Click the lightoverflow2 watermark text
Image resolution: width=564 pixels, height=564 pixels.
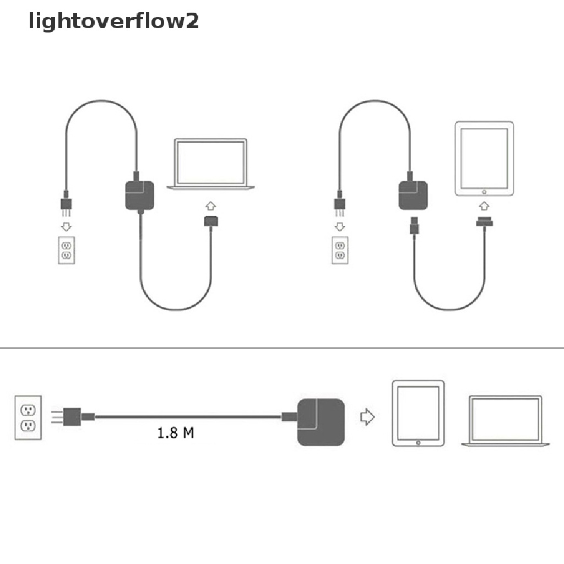(113, 21)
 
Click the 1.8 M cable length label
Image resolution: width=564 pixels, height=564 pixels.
(175, 433)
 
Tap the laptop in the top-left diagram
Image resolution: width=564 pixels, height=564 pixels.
(211, 164)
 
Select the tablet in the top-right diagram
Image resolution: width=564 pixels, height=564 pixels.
(484, 159)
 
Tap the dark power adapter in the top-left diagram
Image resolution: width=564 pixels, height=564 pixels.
(140, 196)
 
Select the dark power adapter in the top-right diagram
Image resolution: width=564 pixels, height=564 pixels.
(413, 196)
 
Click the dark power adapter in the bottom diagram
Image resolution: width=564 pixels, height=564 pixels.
(322, 422)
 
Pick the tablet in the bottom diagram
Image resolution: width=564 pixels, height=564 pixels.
(417, 413)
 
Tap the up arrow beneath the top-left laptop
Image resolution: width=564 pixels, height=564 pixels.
(210, 206)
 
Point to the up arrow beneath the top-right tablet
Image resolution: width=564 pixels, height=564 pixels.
(484, 206)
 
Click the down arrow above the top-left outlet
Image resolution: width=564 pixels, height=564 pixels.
(67, 226)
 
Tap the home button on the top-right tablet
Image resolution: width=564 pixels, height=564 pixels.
(484, 192)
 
